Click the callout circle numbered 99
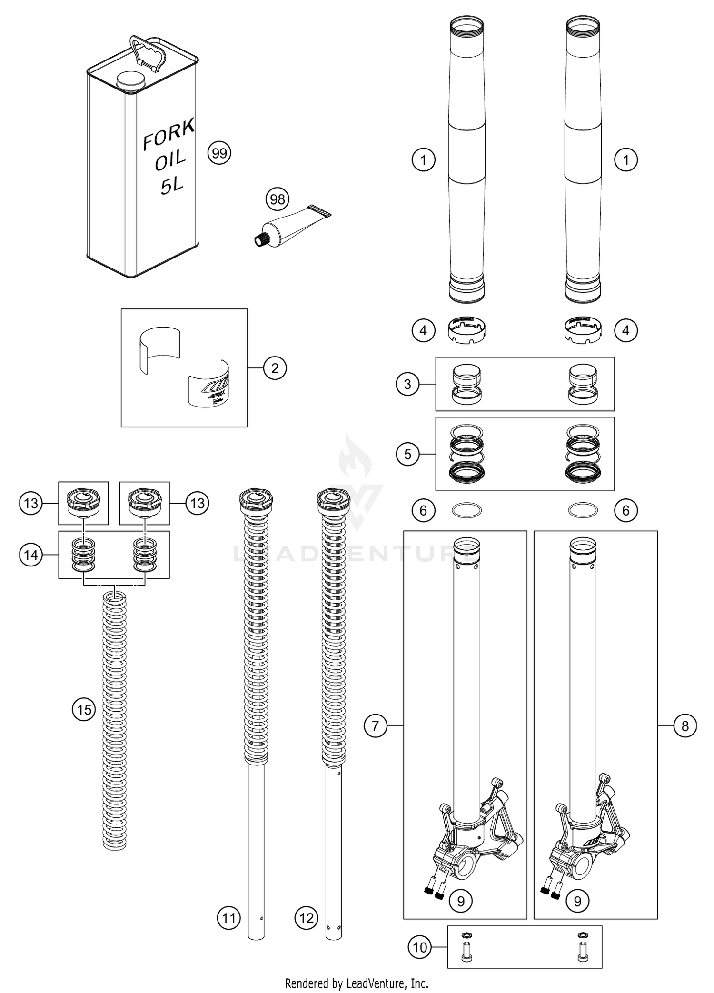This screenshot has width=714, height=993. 219,153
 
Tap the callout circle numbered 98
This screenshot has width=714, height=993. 278,199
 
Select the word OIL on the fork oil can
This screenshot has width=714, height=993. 170,161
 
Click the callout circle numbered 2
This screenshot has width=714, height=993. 275,368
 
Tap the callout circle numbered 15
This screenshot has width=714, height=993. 84,710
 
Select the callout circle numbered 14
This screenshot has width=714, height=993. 31,555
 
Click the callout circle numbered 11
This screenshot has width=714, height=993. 229,918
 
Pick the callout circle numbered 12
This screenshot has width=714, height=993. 307,918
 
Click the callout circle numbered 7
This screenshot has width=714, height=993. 376,726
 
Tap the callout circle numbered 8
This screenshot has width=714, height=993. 685,726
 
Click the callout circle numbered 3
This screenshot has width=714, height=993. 407,384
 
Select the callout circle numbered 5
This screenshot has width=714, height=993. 407,454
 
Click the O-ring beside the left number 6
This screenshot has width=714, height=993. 466,510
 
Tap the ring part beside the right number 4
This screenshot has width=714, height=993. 583,329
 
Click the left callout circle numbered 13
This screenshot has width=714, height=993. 31,503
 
